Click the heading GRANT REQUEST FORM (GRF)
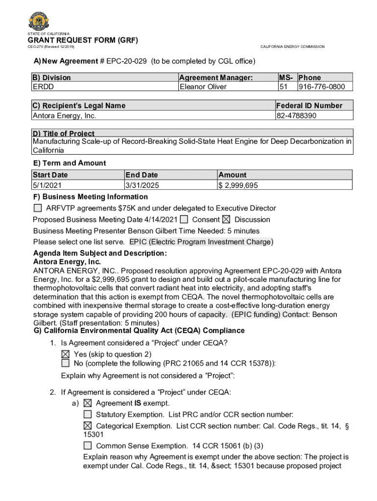pos(83,40)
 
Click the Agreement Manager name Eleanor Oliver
pos(203,87)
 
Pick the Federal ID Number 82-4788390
pos(297,115)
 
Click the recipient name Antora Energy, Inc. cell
pos(64,115)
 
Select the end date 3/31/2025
pos(142,185)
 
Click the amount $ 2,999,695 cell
pos(238,185)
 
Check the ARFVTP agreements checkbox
pos(38,208)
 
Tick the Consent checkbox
pos(184,220)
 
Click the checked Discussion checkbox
pos(227,220)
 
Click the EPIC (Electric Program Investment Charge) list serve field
pos(201,242)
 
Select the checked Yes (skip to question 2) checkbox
pos(66,354)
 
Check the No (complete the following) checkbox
pos(66,363)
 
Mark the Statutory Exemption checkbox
pos(88,414)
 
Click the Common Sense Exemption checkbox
pos(88,446)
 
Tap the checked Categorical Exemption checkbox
pos(88,426)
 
